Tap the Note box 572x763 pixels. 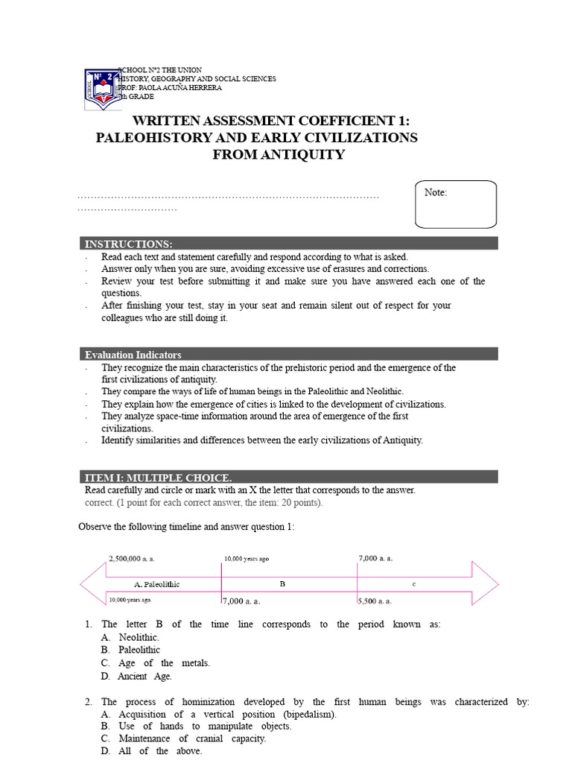click(456, 203)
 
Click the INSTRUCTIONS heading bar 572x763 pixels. click(289, 244)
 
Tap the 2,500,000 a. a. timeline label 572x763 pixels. click(132, 558)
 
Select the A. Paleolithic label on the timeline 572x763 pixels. click(156, 584)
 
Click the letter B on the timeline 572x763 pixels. click(282, 584)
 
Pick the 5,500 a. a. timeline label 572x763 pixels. click(375, 601)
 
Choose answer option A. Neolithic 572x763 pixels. click(130, 637)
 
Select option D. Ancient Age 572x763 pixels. click(136, 677)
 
